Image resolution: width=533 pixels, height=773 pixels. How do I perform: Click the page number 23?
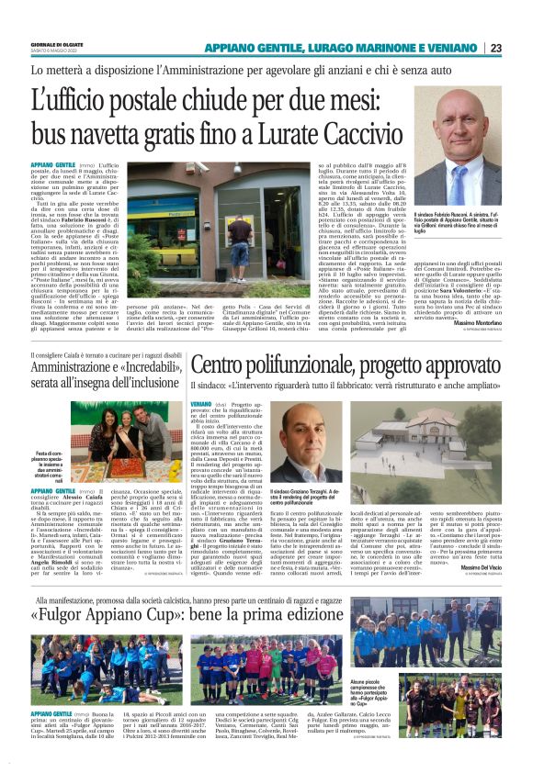point(521,49)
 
